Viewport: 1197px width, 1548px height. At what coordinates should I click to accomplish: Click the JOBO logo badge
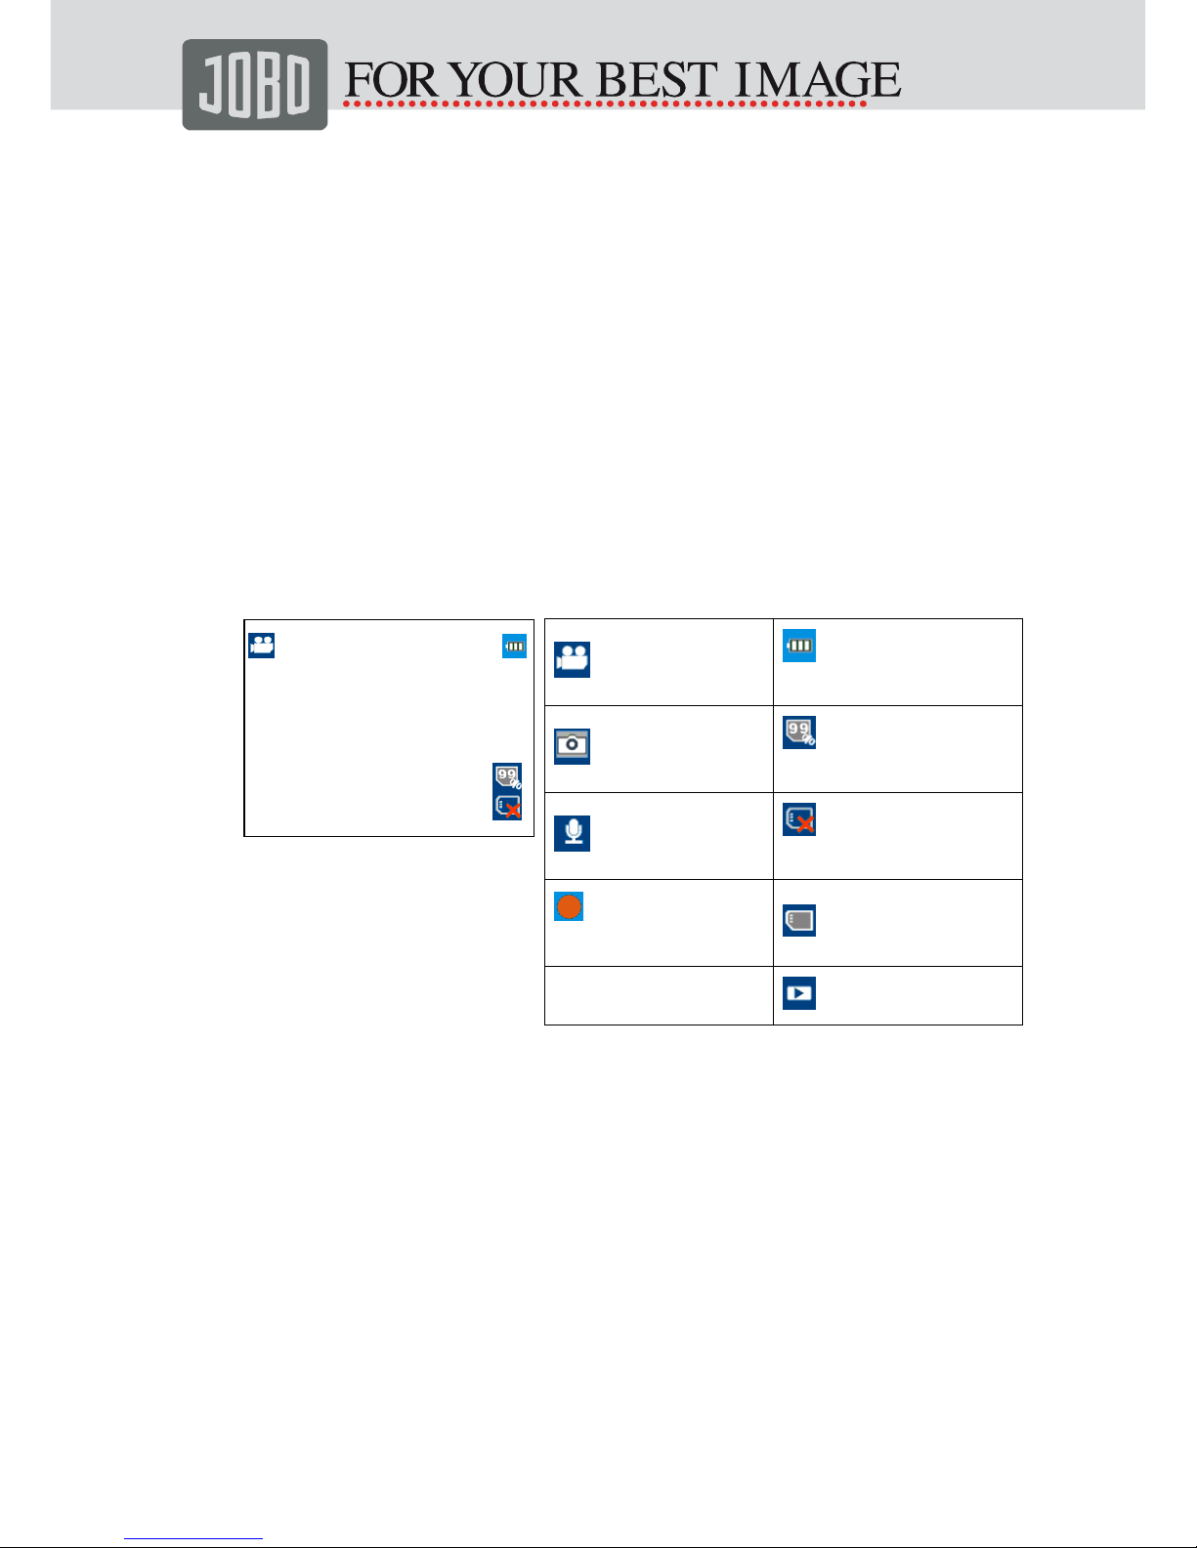click(x=254, y=85)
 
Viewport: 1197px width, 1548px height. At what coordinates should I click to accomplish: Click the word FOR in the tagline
click(x=391, y=80)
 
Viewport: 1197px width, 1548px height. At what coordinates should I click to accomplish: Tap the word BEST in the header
click(x=657, y=80)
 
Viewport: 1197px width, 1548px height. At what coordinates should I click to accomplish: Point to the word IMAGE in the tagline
click(x=817, y=80)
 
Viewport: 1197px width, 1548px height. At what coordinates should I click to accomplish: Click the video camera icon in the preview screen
click(x=262, y=646)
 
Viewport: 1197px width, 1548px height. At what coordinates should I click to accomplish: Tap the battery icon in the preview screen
click(x=514, y=647)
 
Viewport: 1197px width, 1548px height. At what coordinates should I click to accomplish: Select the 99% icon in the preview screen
click(x=507, y=776)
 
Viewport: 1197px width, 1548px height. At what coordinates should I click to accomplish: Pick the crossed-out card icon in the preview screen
click(x=507, y=806)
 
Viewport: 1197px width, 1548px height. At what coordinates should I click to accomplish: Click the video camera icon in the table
click(x=573, y=659)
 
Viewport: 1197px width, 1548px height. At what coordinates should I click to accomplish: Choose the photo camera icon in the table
click(x=573, y=746)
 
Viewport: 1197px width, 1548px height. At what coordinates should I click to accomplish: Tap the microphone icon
click(x=573, y=833)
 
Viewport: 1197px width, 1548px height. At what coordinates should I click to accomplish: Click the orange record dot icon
click(x=570, y=906)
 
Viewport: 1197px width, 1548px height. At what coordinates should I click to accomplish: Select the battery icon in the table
click(x=799, y=646)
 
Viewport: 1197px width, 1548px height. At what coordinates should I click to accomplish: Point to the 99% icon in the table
click(x=799, y=732)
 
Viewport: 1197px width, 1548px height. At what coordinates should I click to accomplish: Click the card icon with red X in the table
click(x=799, y=819)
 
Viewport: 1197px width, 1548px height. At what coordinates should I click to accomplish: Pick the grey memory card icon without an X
click(x=799, y=920)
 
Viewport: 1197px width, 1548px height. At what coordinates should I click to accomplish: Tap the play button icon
click(x=799, y=993)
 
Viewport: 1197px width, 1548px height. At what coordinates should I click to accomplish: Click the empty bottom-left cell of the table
click(x=659, y=996)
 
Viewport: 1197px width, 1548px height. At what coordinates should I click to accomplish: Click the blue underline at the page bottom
click(x=193, y=1539)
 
